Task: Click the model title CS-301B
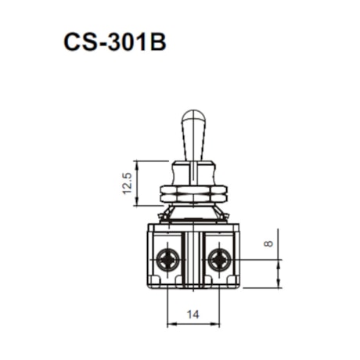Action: click(115, 42)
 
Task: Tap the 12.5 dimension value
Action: click(128, 183)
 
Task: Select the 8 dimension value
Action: click(268, 243)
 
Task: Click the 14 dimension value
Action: click(193, 315)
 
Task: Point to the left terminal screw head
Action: click(167, 260)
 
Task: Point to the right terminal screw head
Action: click(219, 260)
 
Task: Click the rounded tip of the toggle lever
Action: click(193, 115)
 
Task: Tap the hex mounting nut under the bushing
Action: click(193, 194)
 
